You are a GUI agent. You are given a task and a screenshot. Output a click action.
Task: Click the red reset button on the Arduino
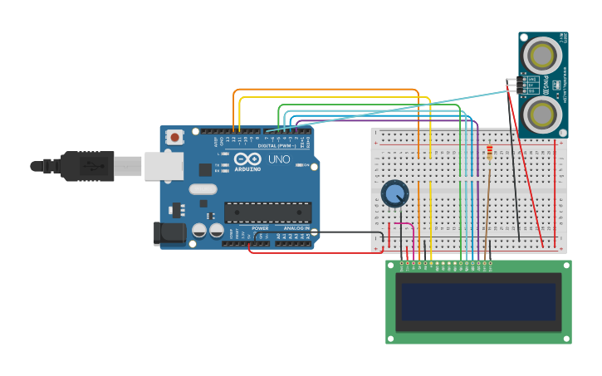click(x=174, y=137)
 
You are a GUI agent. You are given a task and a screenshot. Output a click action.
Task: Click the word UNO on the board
click(x=278, y=159)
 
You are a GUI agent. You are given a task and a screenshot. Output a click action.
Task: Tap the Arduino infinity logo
click(x=247, y=159)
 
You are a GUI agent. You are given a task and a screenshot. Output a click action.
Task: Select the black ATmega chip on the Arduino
click(x=267, y=212)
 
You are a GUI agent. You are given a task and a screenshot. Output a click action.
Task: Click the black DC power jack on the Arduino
click(x=170, y=233)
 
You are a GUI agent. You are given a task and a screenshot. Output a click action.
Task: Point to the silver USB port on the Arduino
click(x=164, y=165)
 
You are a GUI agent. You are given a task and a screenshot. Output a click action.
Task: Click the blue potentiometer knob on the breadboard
click(x=395, y=194)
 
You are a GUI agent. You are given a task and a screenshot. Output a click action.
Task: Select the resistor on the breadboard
click(x=489, y=154)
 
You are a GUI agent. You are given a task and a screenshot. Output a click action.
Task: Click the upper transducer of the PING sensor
click(x=543, y=56)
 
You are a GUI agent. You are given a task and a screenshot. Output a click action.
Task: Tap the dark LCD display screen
click(x=478, y=301)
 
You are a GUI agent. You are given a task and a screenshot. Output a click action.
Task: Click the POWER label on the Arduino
click(x=260, y=228)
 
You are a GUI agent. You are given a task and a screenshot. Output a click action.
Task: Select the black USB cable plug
click(x=86, y=166)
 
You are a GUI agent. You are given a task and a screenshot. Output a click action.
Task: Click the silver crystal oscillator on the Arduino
click(x=203, y=188)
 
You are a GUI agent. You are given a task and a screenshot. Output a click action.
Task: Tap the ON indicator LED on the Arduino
click(x=300, y=165)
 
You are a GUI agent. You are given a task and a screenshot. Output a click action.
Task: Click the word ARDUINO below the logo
click(x=247, y=168)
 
